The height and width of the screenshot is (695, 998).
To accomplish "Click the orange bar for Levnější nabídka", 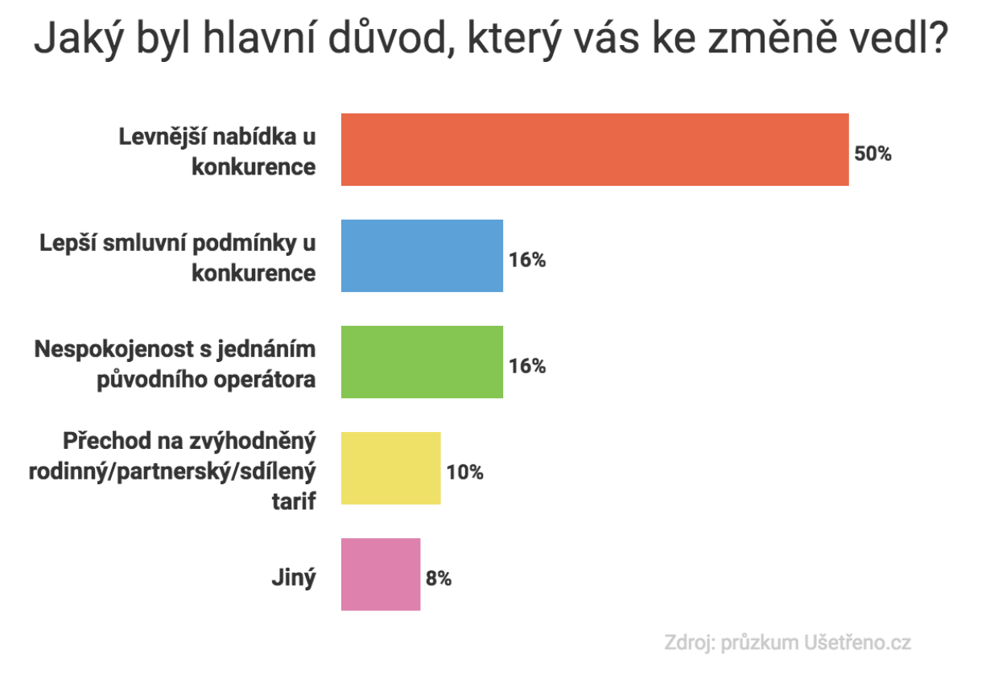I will tap(595, 150).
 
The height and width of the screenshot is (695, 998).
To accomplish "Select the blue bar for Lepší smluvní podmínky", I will tap(422, 256).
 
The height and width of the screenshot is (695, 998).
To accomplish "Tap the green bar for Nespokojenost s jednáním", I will tap(422, 362).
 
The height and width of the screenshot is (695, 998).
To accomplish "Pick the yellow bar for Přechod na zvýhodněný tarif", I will tap(390, 468).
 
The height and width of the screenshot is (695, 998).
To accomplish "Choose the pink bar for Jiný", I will tap(381, 574).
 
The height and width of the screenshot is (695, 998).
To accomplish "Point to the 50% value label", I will tap(873, 154).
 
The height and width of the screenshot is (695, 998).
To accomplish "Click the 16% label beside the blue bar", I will tap(527, 260).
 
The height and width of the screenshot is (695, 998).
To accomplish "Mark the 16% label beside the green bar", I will tap(527, 366).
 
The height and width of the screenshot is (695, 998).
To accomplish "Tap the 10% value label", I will tap(465, 472).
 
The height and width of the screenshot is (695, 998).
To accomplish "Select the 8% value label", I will tap(439, 578).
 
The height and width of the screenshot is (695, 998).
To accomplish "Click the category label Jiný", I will tap(294, 578).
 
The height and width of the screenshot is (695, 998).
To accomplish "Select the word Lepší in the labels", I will tap(68, 244).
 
